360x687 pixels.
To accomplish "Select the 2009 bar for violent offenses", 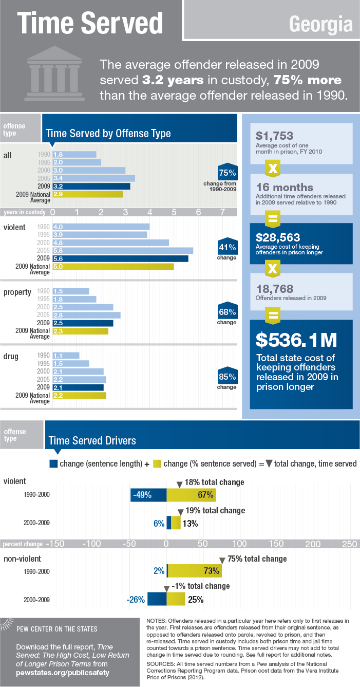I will (x=120, y=258).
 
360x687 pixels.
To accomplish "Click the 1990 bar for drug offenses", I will (x=66, y=355).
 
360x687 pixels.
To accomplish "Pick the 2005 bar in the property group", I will (x=86, y=315).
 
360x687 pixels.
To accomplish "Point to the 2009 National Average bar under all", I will (x=87, y=194).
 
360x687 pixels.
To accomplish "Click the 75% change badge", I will (x=227, y=173).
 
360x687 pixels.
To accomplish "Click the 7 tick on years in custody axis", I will (x=222, y=212).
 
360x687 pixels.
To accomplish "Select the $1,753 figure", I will (x=275, y=136).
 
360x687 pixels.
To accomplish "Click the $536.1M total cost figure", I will (x=296, y=340).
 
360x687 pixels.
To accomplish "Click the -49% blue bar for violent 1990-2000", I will (x=148, y=495).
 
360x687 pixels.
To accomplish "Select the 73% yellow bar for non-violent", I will (x=195, y=570).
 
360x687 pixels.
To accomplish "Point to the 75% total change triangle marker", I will (x=222, y=560).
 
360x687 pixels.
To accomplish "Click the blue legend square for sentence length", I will (x=53, y=463).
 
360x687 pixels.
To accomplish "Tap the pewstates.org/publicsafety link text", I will (x=63, y=672).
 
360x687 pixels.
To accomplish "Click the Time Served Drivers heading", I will (x=92, y=440).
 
